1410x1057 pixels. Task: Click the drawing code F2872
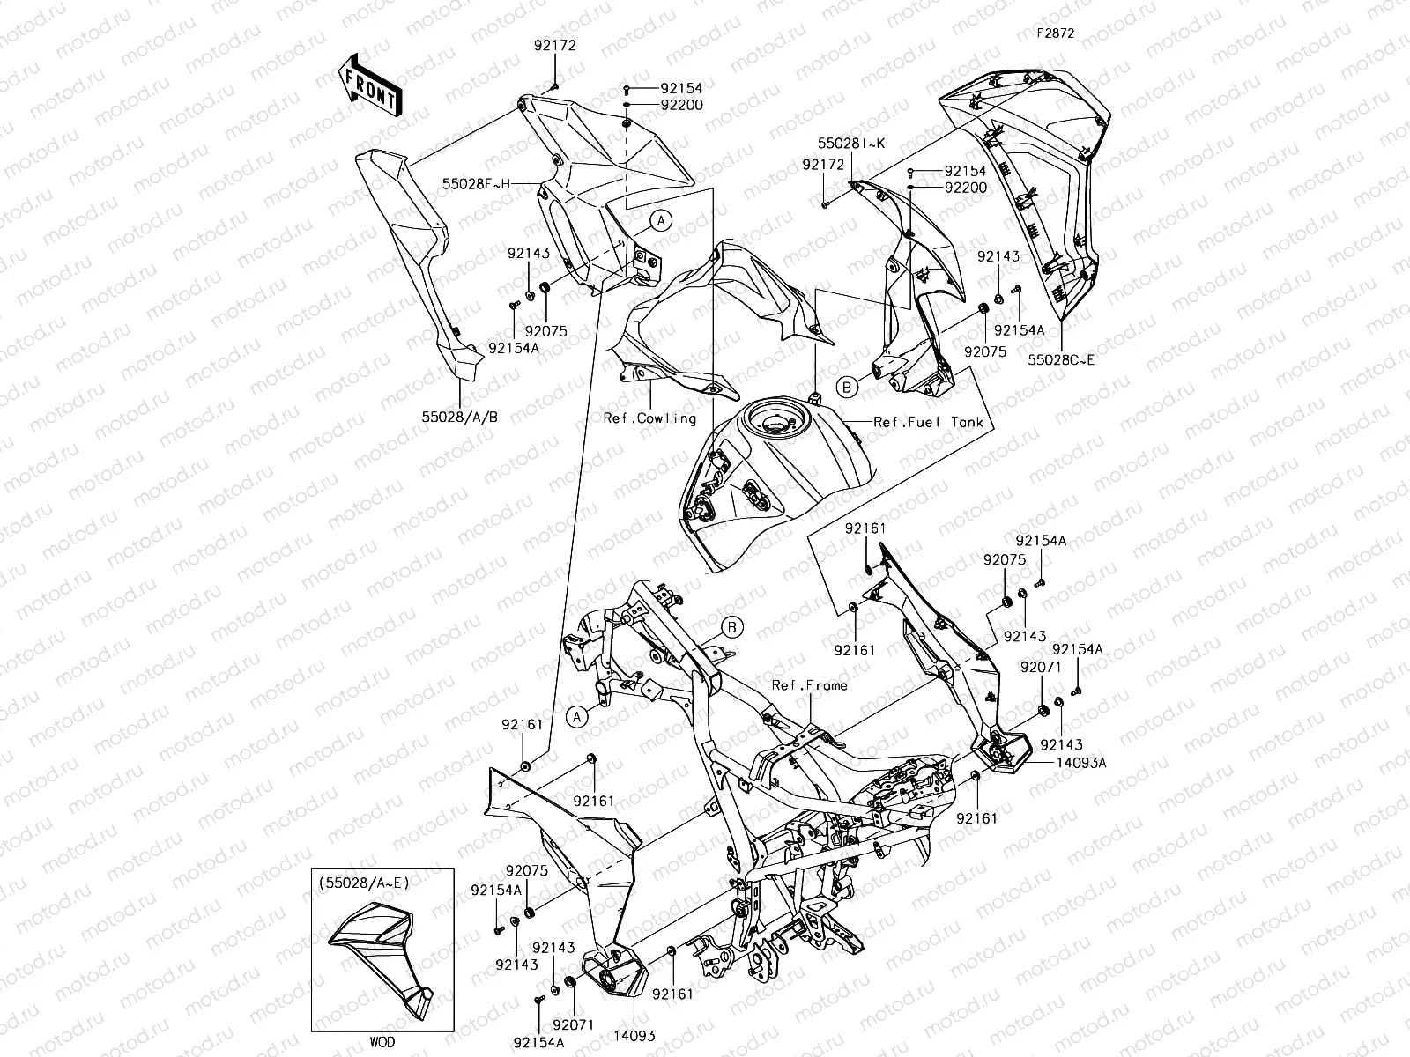click(1055, 33)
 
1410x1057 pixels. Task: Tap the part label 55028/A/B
click(459, 416)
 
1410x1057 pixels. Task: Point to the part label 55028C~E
click(1061, 360)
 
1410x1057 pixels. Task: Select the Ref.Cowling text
click(649, 418)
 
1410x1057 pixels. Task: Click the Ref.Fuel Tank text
click(928, 422)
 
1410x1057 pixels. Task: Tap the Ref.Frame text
click(810, 684)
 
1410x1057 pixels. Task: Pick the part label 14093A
click(1078, 764)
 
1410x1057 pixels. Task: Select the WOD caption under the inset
click(382, 1042)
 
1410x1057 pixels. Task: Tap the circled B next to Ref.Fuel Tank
click(846, 387)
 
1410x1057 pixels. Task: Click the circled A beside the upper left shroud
click(662, 220)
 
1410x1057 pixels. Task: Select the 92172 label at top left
click(553, 47)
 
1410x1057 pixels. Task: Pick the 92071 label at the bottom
click(574, 1024)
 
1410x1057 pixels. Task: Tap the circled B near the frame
click(732, 627)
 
